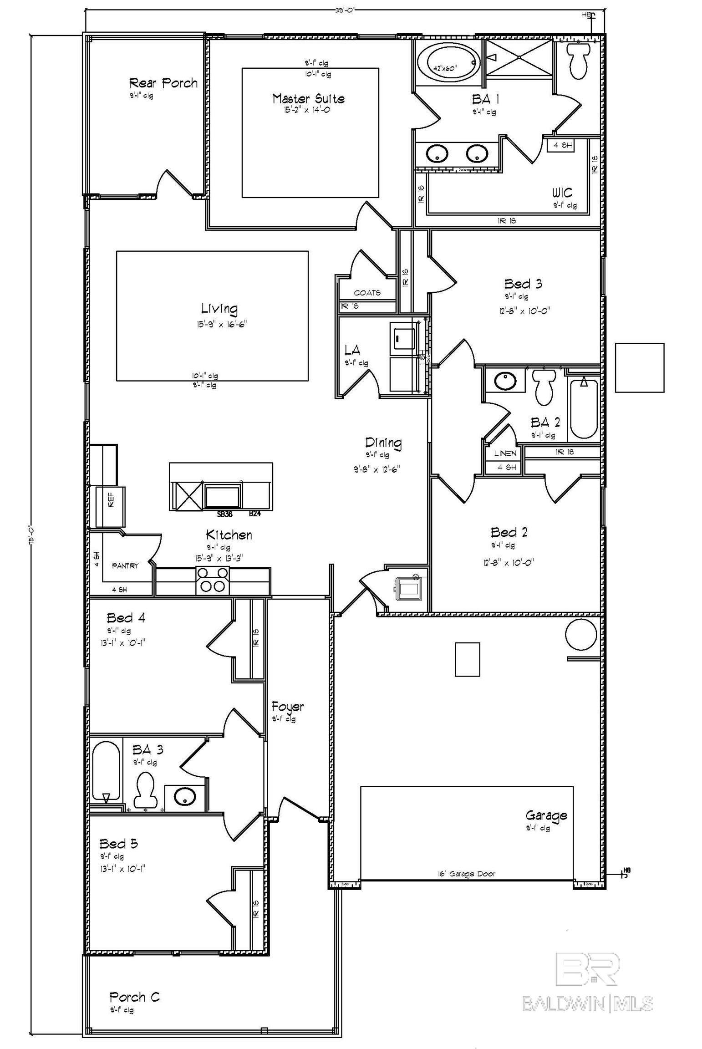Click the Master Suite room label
[x=308, y=98]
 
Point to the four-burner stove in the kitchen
[x=212, y=580]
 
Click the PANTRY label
[x=125, y=565]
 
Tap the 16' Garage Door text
[x=466, y=874]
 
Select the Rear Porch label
[x=163, y=83]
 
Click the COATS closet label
[x=367, y=293]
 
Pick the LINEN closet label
[x=505, y=453]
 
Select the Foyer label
[x=287, y=706]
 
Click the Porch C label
[x=134, y=997]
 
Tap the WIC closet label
[x=562, y=192]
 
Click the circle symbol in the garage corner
[x=580, y=634]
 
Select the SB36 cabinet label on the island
[x=225, y=514]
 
